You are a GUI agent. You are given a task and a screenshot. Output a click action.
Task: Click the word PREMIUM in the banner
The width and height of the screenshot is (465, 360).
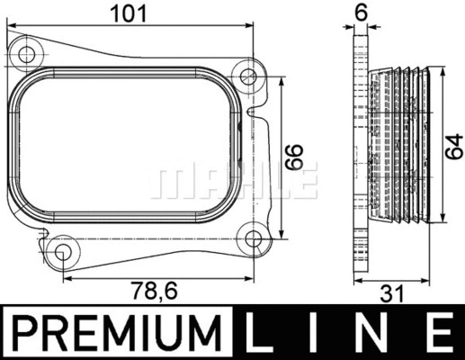pyautogui.click(x=120, y=332)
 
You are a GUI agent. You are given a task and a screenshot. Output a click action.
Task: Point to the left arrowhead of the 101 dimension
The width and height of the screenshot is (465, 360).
pyautogui.click(x=11, y=27)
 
